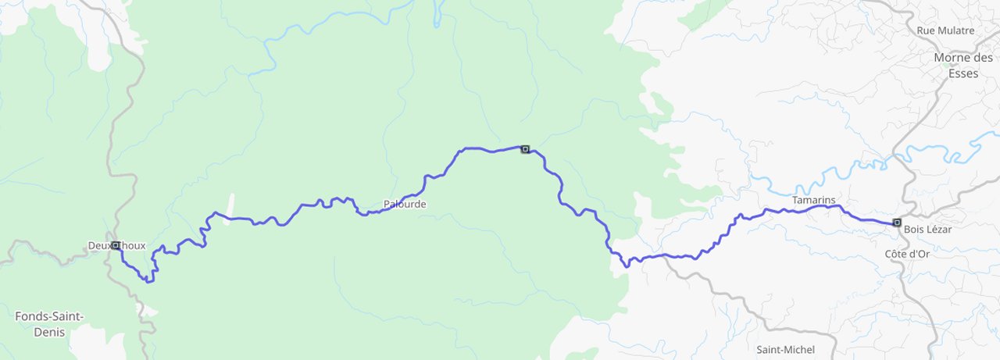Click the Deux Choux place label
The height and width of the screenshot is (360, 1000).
(x=117, y=246)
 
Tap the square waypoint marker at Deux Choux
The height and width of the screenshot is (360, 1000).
(x=116, y=245)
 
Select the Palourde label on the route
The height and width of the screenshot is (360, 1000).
(x=405, y=205)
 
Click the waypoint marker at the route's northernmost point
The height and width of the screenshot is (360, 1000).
(x=525, y=148)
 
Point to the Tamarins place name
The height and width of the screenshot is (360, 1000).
(x=813, y=201)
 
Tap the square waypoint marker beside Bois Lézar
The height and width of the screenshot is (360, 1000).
(x=896, y=222)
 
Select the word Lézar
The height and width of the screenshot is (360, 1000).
(x=940, y=230)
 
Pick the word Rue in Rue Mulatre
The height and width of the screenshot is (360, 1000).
(x=927, y=30)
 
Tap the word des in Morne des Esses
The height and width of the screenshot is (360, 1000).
(x=983, y=58)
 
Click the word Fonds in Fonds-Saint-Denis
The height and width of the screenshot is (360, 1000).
(x=32, y=316)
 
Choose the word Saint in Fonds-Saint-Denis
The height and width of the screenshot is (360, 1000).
(x=68, y=316)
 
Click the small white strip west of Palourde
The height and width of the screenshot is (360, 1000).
(x=229, y=209)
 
